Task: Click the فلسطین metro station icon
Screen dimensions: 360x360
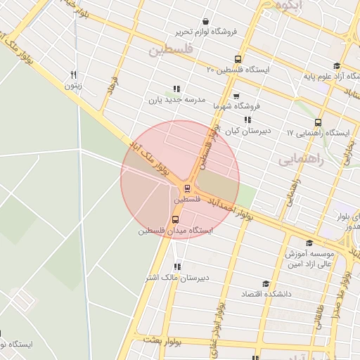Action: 187,188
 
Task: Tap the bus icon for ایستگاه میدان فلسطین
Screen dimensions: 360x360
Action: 175,219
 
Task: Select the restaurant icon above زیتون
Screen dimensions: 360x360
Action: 73,74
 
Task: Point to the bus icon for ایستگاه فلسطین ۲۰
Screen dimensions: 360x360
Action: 238,59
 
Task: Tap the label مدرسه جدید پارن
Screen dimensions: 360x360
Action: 176,100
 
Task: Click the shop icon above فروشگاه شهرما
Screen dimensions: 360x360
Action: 236,96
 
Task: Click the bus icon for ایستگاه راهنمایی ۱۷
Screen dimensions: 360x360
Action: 319,122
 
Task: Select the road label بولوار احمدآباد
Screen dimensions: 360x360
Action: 236,208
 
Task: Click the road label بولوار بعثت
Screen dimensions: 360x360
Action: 162,342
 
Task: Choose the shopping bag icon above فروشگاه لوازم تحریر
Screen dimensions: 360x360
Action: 205,22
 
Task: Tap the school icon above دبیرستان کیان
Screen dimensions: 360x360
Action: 247,120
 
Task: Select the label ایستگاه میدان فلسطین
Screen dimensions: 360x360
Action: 171,231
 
